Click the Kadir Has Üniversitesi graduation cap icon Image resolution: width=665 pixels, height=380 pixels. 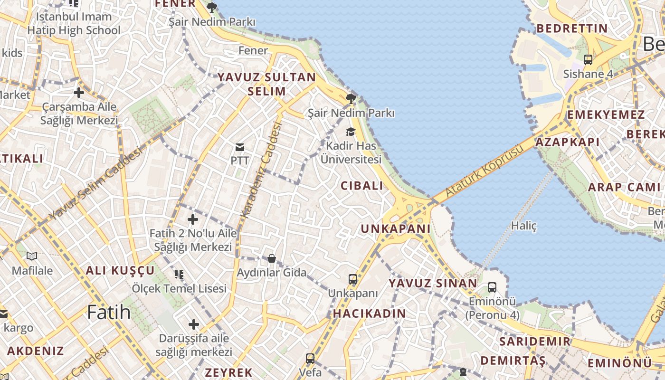tap(351, 132)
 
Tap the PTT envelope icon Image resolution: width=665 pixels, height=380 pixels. tap(240, 147)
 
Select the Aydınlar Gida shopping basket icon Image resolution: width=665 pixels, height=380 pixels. tap(271, 258)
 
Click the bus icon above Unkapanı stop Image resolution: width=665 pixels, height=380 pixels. tap(352, 279)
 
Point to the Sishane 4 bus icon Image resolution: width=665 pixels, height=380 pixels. tap(588, 60)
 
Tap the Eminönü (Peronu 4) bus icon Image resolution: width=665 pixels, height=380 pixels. tap(492, 287)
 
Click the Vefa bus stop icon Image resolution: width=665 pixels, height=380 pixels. tap(310, 358)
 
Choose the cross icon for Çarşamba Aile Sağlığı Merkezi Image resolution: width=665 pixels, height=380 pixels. tap(79, 93)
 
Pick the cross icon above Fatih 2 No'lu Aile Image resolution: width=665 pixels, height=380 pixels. tap(192, 219)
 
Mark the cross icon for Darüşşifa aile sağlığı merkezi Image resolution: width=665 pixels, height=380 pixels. tap(193, 324)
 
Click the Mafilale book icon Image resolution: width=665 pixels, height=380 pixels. tap(32, 256)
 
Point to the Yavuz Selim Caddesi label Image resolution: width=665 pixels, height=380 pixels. tap(95, 183)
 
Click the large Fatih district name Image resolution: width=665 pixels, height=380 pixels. tap(109, 312)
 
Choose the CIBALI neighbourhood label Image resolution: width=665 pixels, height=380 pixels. tap(361, 186)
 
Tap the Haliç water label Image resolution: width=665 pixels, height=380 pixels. tap(524, 226)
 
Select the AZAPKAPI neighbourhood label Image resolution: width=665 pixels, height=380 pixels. tap(567, 142)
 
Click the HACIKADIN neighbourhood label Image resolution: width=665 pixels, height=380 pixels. tap(370, 313)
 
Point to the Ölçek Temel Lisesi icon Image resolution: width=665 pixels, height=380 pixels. tap(179, 274)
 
